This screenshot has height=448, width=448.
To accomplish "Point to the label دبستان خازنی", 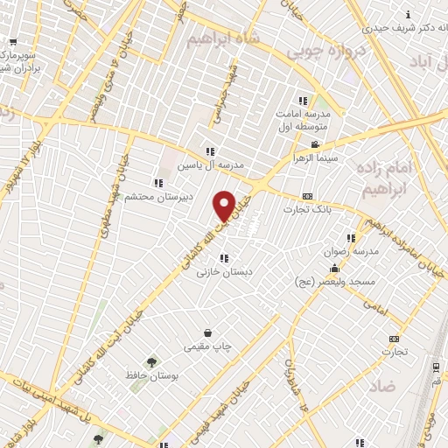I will tap(224, 272).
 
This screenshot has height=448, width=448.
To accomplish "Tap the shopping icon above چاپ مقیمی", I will tap(207, 333).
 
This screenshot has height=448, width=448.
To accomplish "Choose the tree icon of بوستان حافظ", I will tap(152, 361).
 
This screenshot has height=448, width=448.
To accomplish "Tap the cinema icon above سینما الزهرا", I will tap(315, 145).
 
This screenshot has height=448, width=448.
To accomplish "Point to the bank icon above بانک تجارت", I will tap(306, 197).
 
